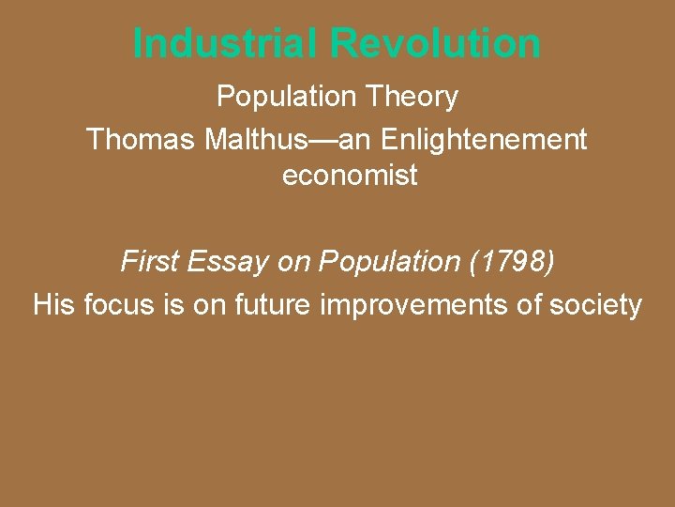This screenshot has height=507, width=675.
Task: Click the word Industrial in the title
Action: [227, 43]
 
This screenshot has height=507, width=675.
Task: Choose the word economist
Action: [350, 175]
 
